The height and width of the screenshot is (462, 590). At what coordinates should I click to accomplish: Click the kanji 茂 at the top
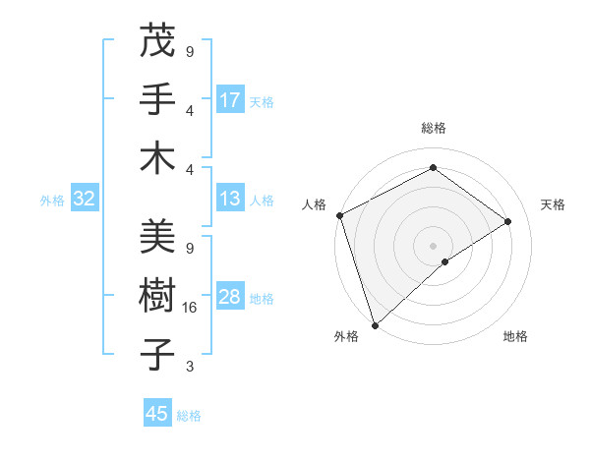point(156,42)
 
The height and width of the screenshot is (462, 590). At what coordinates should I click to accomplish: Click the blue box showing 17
point(230,99)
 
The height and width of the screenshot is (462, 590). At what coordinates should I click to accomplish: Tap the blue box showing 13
point(230,199)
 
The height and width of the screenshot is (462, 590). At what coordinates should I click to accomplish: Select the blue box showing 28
point(230,297)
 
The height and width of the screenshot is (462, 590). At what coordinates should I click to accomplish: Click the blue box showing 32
point(84,199)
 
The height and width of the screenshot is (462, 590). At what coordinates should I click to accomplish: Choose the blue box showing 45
point(157,414)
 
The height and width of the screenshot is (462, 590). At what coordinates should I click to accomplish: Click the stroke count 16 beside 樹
point(190,308)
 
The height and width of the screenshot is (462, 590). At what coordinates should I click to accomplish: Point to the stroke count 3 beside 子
point(190,367)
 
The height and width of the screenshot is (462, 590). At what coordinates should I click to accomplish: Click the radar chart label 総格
point(433,128)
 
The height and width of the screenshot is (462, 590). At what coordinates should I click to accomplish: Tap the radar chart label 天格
point(553,204)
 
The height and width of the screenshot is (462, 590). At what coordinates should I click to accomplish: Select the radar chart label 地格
point(515,337)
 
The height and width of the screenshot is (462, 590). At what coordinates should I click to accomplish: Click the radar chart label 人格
point(315,204)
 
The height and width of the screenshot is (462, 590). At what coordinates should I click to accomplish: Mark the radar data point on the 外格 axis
point(375,323)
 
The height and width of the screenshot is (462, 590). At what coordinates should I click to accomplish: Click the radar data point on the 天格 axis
point(508,221)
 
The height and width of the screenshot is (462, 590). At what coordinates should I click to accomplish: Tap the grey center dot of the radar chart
point(433,245)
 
